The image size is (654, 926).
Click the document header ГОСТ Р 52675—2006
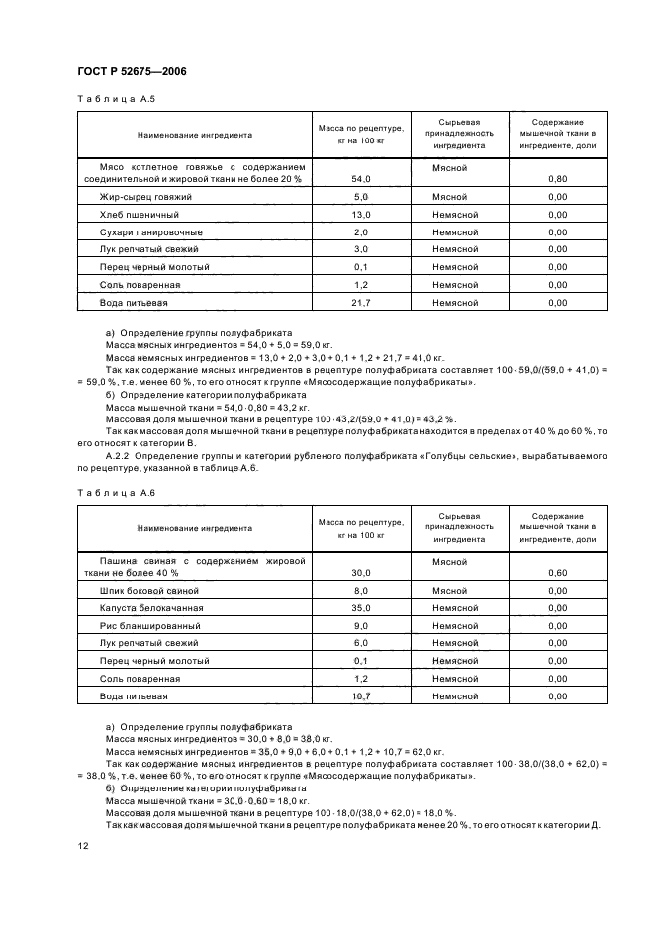coord(132,71)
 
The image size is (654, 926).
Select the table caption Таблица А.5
coord(116,99)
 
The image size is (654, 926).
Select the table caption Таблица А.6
coord(116,491)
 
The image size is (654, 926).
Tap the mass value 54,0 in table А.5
coord(360,180)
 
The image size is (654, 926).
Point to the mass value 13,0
coord(360,215)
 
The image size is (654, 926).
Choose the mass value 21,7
coord(360,303)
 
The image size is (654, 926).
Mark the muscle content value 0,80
coord(557,180)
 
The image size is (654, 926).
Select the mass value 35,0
coord(360,608)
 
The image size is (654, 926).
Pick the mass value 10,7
coord(360,696)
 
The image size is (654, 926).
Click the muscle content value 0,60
coord(557,573)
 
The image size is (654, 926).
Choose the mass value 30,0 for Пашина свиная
coord(360,573)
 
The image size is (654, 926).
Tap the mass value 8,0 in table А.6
coord(360,591)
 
